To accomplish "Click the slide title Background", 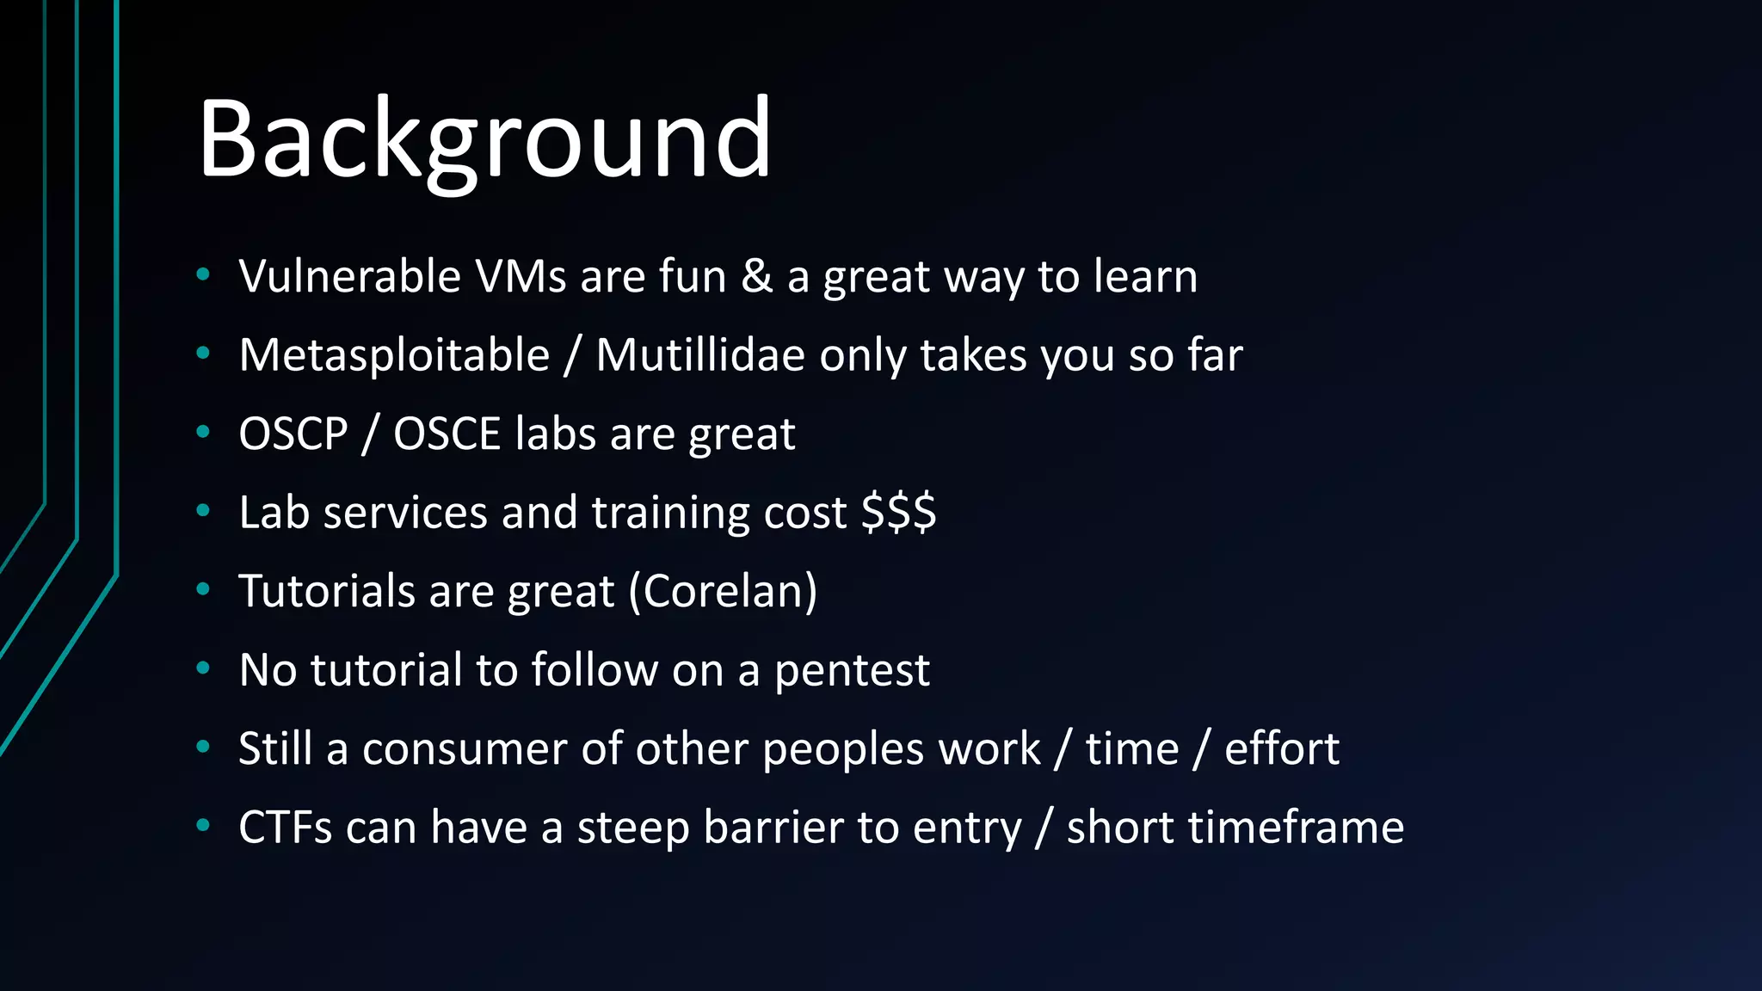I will (484, 140).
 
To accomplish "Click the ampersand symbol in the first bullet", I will (756, 277).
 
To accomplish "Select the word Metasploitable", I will (394, 355).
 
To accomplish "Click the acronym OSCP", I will (293, 434).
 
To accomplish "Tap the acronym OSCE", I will (447, 434).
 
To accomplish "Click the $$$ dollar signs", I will (898, 513).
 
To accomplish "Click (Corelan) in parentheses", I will (723, 592).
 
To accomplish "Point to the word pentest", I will (851, 671).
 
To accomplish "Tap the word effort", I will (1281, 749).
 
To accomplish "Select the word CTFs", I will (285, 828).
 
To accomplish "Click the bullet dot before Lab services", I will (203, 511).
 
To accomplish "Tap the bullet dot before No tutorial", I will (203, 668).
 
